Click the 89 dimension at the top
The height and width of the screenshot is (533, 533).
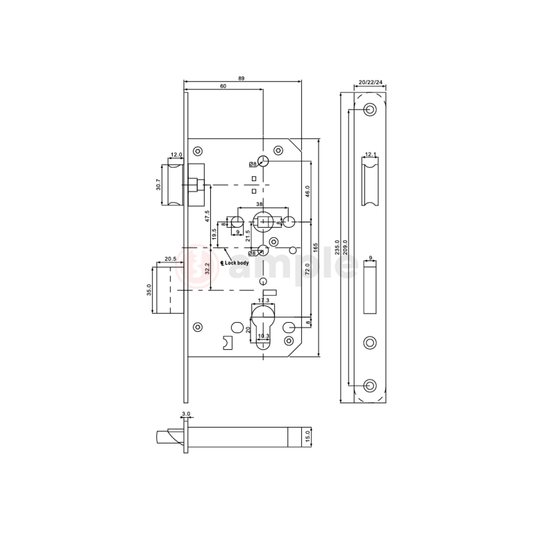pos(241,78)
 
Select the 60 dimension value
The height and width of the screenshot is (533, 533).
pos(223,86)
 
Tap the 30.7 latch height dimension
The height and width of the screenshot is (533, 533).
pos(158,184)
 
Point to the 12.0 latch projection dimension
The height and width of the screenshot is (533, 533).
pos(176,155)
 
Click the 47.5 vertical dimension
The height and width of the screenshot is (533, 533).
pos(206,216)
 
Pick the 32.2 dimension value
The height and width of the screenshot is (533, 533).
pos(206,268)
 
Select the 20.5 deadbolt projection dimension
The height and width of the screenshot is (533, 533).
pos(170,259)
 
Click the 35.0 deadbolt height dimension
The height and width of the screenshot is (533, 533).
pos(148,289)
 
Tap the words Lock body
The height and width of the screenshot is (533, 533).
pos(237,263)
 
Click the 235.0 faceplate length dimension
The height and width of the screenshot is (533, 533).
pos(337,247)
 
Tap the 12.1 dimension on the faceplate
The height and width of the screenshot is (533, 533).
pos(371,154)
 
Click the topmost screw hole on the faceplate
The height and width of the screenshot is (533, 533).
pos(370,110)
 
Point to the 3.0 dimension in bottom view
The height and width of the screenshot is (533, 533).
pos(185,414)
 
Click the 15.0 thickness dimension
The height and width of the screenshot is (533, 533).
pos(308,437)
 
